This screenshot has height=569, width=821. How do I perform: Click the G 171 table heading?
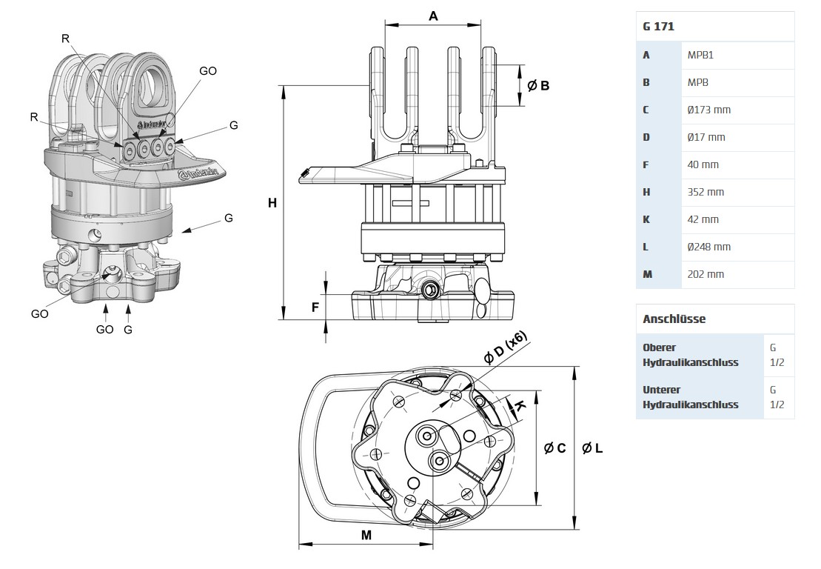point(658,27)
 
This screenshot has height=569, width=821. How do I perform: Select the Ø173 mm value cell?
point(708,110)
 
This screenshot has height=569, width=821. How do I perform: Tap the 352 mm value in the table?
point(706,192)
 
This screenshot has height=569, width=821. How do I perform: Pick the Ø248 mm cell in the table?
point(708,247)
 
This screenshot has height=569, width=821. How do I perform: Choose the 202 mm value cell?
point(706,274)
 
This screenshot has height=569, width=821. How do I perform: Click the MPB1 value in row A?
point(700,55)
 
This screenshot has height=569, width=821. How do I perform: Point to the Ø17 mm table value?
point(706,137)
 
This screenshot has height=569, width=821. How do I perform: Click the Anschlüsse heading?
point(674,319)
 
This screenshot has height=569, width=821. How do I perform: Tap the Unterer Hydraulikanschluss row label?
point(691,397)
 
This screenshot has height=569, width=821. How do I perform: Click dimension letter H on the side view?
point(272,202)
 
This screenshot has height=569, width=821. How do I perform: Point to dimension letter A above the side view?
point(434,16)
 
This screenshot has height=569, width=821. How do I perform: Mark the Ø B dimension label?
point(538,86)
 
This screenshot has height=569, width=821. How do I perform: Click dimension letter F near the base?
point(315,307)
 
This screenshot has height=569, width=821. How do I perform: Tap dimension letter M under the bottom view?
point(366,535)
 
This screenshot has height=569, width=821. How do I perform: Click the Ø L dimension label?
point(592,448)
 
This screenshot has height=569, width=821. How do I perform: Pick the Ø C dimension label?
point(554,448)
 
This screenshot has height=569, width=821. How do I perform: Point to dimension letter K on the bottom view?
point(520,406)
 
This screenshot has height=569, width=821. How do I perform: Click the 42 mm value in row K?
point(703,219)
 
